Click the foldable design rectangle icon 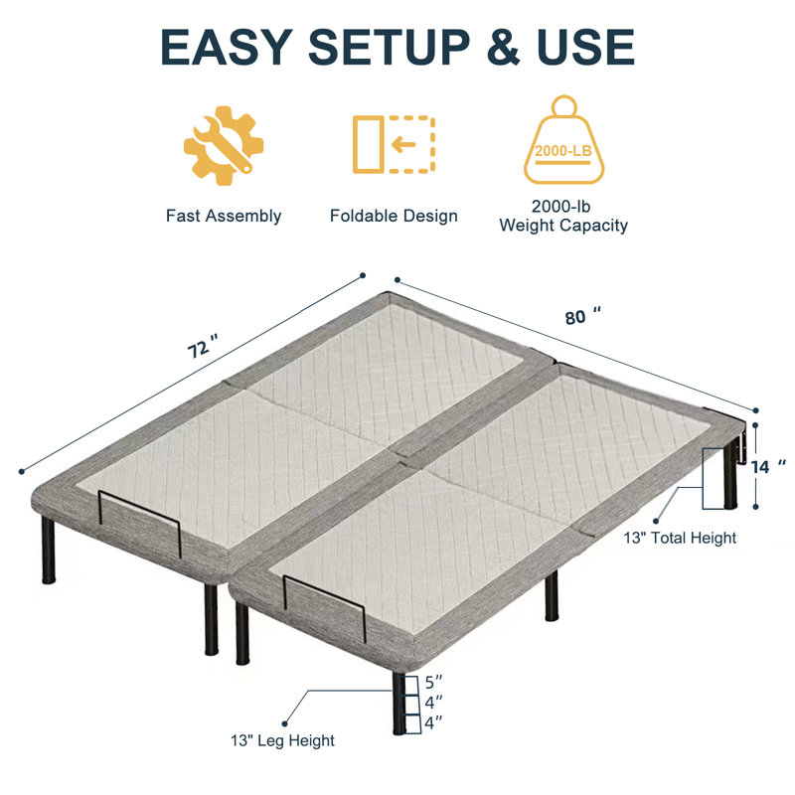point(394,144)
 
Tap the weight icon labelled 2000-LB point(563,144)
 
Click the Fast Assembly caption point(224,216)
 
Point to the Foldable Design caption point(394,216)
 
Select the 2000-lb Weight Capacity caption point(563,216)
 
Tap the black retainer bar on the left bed point(139,516)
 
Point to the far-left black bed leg point(46,552)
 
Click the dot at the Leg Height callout point(284,722)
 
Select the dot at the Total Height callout point(657,520)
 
